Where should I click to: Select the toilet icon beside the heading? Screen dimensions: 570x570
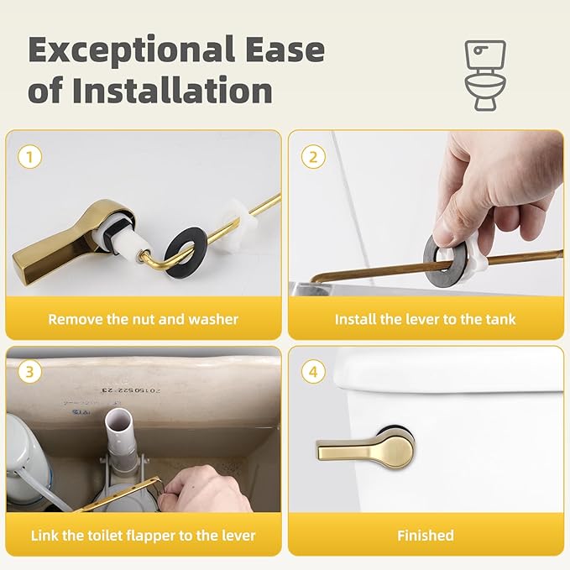click(x=485, y=76)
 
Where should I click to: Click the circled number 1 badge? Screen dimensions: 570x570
click(x=29, y=156)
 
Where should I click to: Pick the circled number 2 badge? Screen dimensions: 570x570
click(x=313, y=156)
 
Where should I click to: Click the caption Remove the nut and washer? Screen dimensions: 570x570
click(x=143, y=319)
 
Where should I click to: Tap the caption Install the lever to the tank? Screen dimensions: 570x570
click(x=425, y=319)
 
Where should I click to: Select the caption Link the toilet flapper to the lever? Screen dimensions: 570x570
click(x=143, y=535)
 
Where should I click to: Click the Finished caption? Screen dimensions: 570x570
click(x=425, y=535)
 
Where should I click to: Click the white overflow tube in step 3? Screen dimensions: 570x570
click(x=118, y=441)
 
